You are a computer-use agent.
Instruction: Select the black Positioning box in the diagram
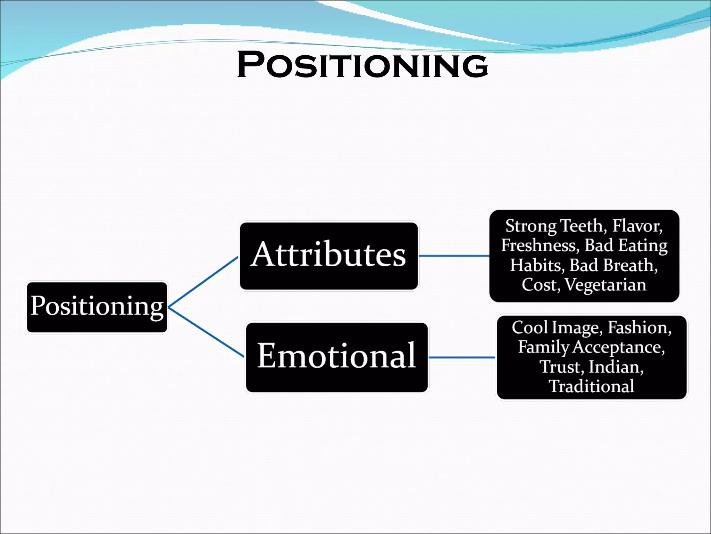[97, 307]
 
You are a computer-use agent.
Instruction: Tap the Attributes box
[328, 256]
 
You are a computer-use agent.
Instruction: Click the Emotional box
[336, 357]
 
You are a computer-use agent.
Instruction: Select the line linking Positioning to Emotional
[206, 332]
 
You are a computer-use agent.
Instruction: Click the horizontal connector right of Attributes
[454, 256]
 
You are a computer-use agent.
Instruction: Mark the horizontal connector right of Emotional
[462, 357]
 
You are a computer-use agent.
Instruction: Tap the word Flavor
[637, 226]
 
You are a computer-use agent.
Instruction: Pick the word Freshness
[539, 245]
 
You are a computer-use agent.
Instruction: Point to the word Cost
[540, 285]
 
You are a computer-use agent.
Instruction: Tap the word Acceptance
[618, 347]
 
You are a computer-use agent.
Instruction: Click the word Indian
[616, 367]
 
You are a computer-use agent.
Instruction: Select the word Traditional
[591, 387]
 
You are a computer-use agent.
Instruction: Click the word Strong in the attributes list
[531, 226]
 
